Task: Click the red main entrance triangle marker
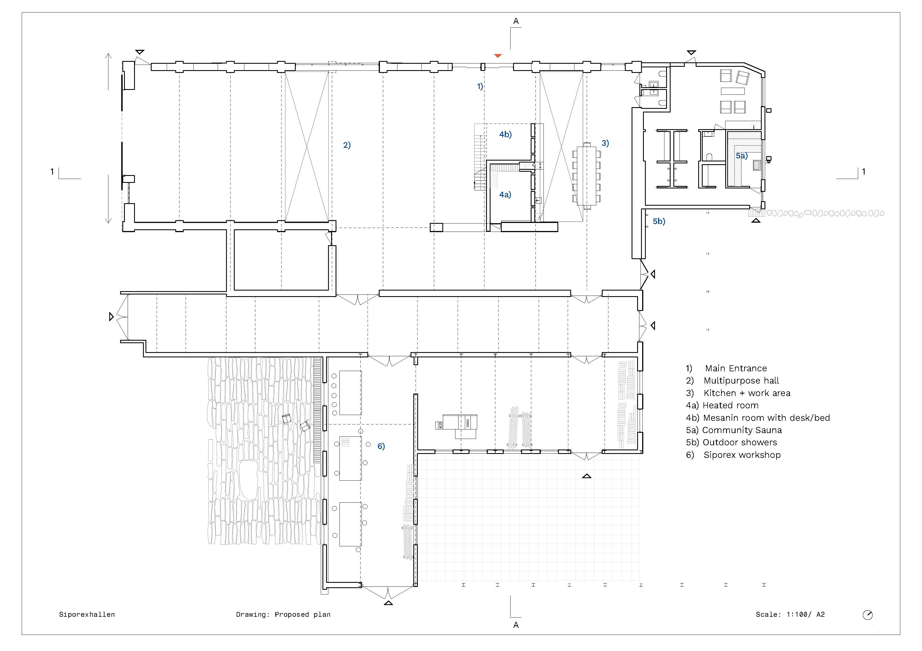[x=498, y=56]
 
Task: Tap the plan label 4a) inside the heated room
[x=505, y=195]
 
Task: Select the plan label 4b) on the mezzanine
[x=506, y=135]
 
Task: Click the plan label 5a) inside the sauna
[x=742, y=156]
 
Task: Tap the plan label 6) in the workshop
[x=381, y=446]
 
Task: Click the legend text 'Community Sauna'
[x=742, y=430]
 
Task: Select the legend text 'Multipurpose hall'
[x=741, y=381]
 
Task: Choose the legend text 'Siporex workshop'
[x=742, y=455]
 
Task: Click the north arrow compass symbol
[x=868, y=615]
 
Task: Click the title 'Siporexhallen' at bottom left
[x=87, y=615]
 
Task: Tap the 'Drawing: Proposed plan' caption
[x=283, y=615]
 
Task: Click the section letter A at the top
[x=516, y=21]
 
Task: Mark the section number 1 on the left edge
[x=52, y=172]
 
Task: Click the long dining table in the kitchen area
[x=587, y=176]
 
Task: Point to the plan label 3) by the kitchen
[x=605, y=143]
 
